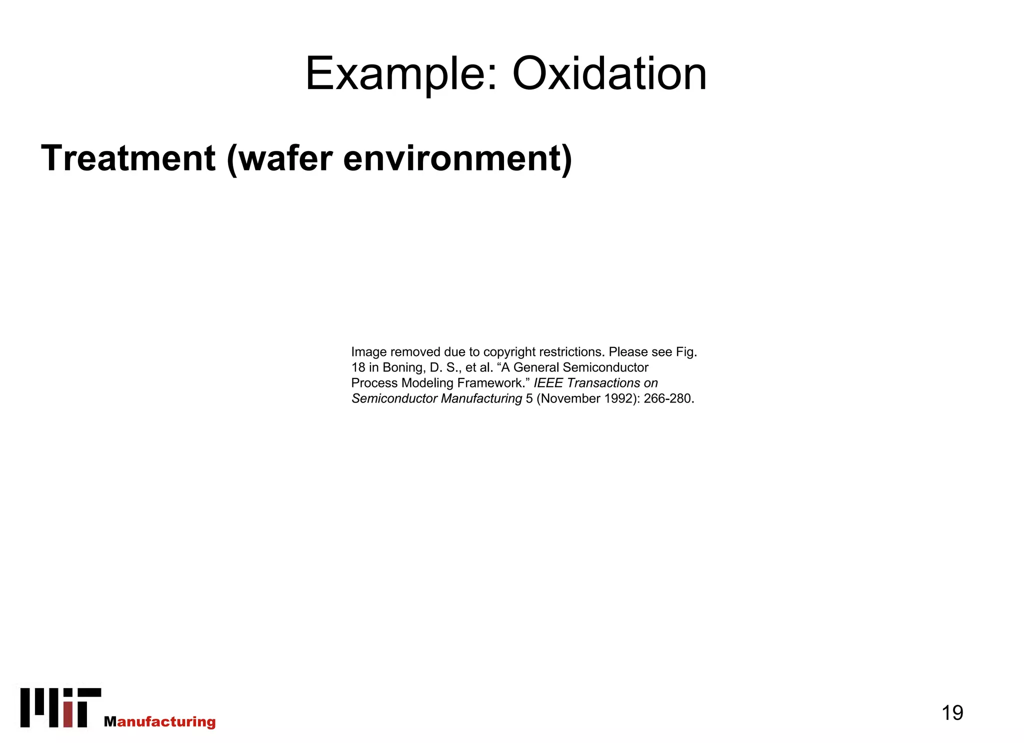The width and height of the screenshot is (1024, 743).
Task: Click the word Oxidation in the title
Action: (x=609, y=74)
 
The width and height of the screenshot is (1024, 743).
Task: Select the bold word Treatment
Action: (x=128, y=158)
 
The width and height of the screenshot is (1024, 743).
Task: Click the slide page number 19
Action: (x=952, y=712)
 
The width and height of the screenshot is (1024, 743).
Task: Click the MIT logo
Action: (x=60, y=707)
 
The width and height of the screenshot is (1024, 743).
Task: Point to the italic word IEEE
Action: (x=548, y=383)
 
